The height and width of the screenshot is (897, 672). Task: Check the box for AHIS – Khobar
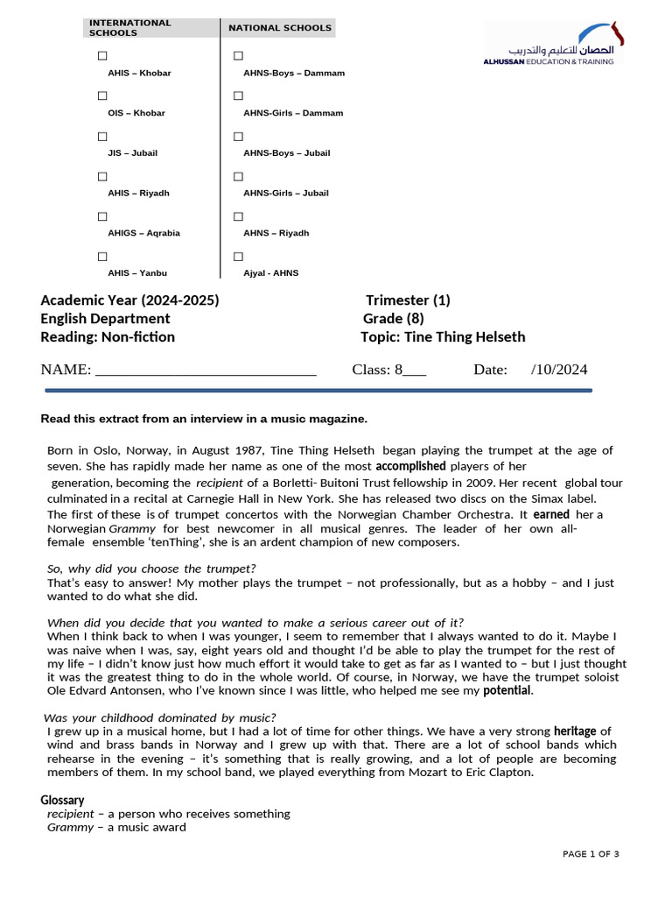102,56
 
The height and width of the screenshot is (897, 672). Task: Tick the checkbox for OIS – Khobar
102,96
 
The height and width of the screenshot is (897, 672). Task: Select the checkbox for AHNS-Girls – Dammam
238,96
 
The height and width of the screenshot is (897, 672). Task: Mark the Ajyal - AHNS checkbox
238,257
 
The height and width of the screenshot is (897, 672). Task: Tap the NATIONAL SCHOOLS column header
280,28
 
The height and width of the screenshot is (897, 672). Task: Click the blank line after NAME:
205,371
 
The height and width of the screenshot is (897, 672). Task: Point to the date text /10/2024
559,370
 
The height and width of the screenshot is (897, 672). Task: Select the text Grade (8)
395,319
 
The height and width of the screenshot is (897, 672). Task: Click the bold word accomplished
410,466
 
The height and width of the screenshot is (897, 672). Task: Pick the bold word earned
551,514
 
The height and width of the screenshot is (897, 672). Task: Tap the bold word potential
507,690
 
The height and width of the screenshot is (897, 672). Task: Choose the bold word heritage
576,731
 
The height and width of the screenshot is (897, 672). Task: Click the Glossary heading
62,800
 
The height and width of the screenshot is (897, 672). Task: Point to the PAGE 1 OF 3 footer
591,854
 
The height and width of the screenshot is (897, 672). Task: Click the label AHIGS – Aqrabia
143,233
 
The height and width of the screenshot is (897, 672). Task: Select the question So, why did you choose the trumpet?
151,569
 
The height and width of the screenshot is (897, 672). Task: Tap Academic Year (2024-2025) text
129,300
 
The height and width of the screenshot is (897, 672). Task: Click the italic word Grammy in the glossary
70,827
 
